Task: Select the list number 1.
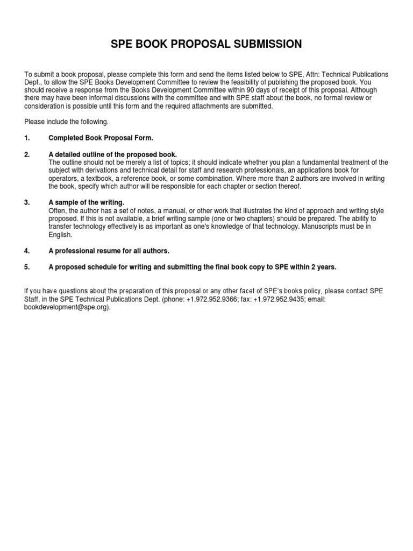coord(27,138)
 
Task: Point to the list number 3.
coord(27,202)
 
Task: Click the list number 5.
coord(27,267)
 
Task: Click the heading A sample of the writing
coord(87,202)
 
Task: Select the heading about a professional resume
coord(109,251)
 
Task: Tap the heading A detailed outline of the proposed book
coord(112,154)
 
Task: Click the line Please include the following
coord(67,122)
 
